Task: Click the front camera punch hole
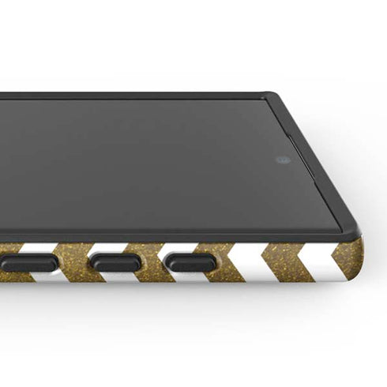(x=283, y=160)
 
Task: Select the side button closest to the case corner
(x=190, y=263)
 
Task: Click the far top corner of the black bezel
(x=272, y=96)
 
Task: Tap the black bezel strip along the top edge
(x=134, y=96)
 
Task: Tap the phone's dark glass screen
(x=142, y=166)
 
